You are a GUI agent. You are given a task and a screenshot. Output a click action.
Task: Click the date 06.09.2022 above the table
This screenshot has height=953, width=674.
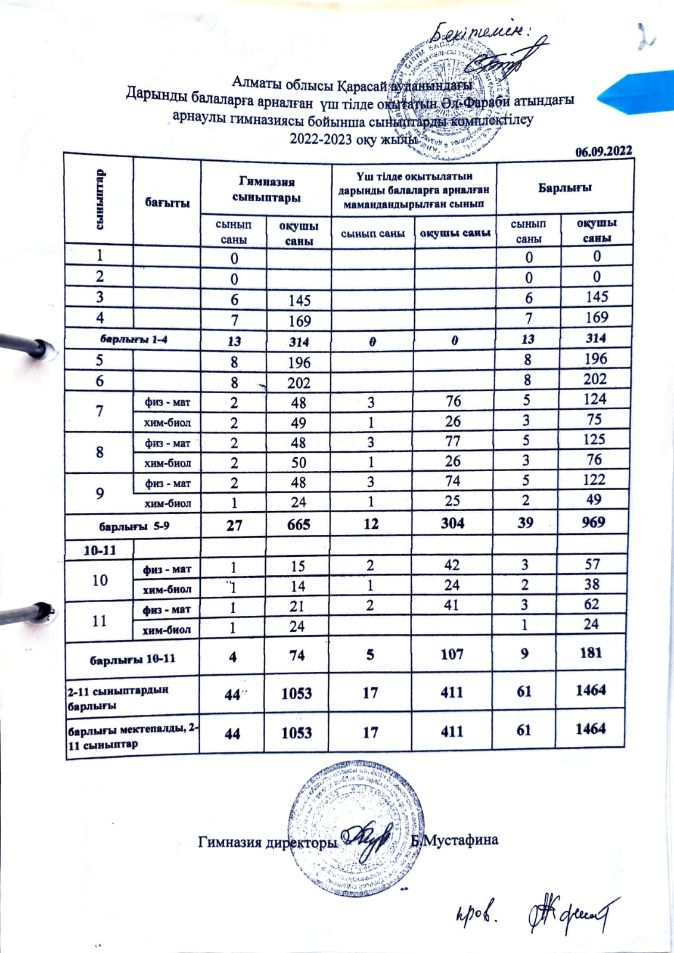coord(603,151)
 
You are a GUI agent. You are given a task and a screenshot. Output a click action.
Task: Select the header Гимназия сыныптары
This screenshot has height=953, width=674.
coord(266,189)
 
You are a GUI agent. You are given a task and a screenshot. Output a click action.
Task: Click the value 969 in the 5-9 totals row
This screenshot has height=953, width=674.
coord(593,522)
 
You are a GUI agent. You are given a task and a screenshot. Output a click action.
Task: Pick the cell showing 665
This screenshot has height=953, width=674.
coord(299,524)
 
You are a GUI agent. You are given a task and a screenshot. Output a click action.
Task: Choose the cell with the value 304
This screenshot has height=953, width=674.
coord(452,524)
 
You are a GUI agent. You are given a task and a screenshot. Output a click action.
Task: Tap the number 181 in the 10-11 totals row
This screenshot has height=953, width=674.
coord(590,653)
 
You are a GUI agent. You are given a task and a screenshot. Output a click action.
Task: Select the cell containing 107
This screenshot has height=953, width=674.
coord(452,654)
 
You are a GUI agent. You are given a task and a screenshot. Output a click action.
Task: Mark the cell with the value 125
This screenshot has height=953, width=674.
coord(594,440)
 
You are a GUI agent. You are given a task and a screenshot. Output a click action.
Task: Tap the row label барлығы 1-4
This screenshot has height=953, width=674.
coord(132,340)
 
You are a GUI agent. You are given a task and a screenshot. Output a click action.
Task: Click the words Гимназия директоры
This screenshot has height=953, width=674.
coord(268,842)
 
